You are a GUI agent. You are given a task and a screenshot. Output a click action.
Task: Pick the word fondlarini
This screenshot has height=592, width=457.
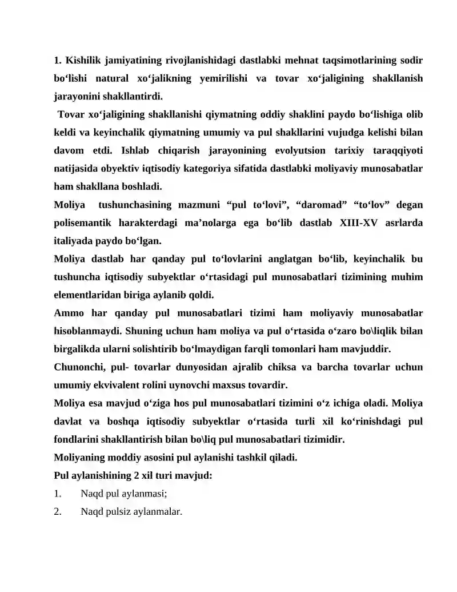pyautogui.click(x=81, y=439)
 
